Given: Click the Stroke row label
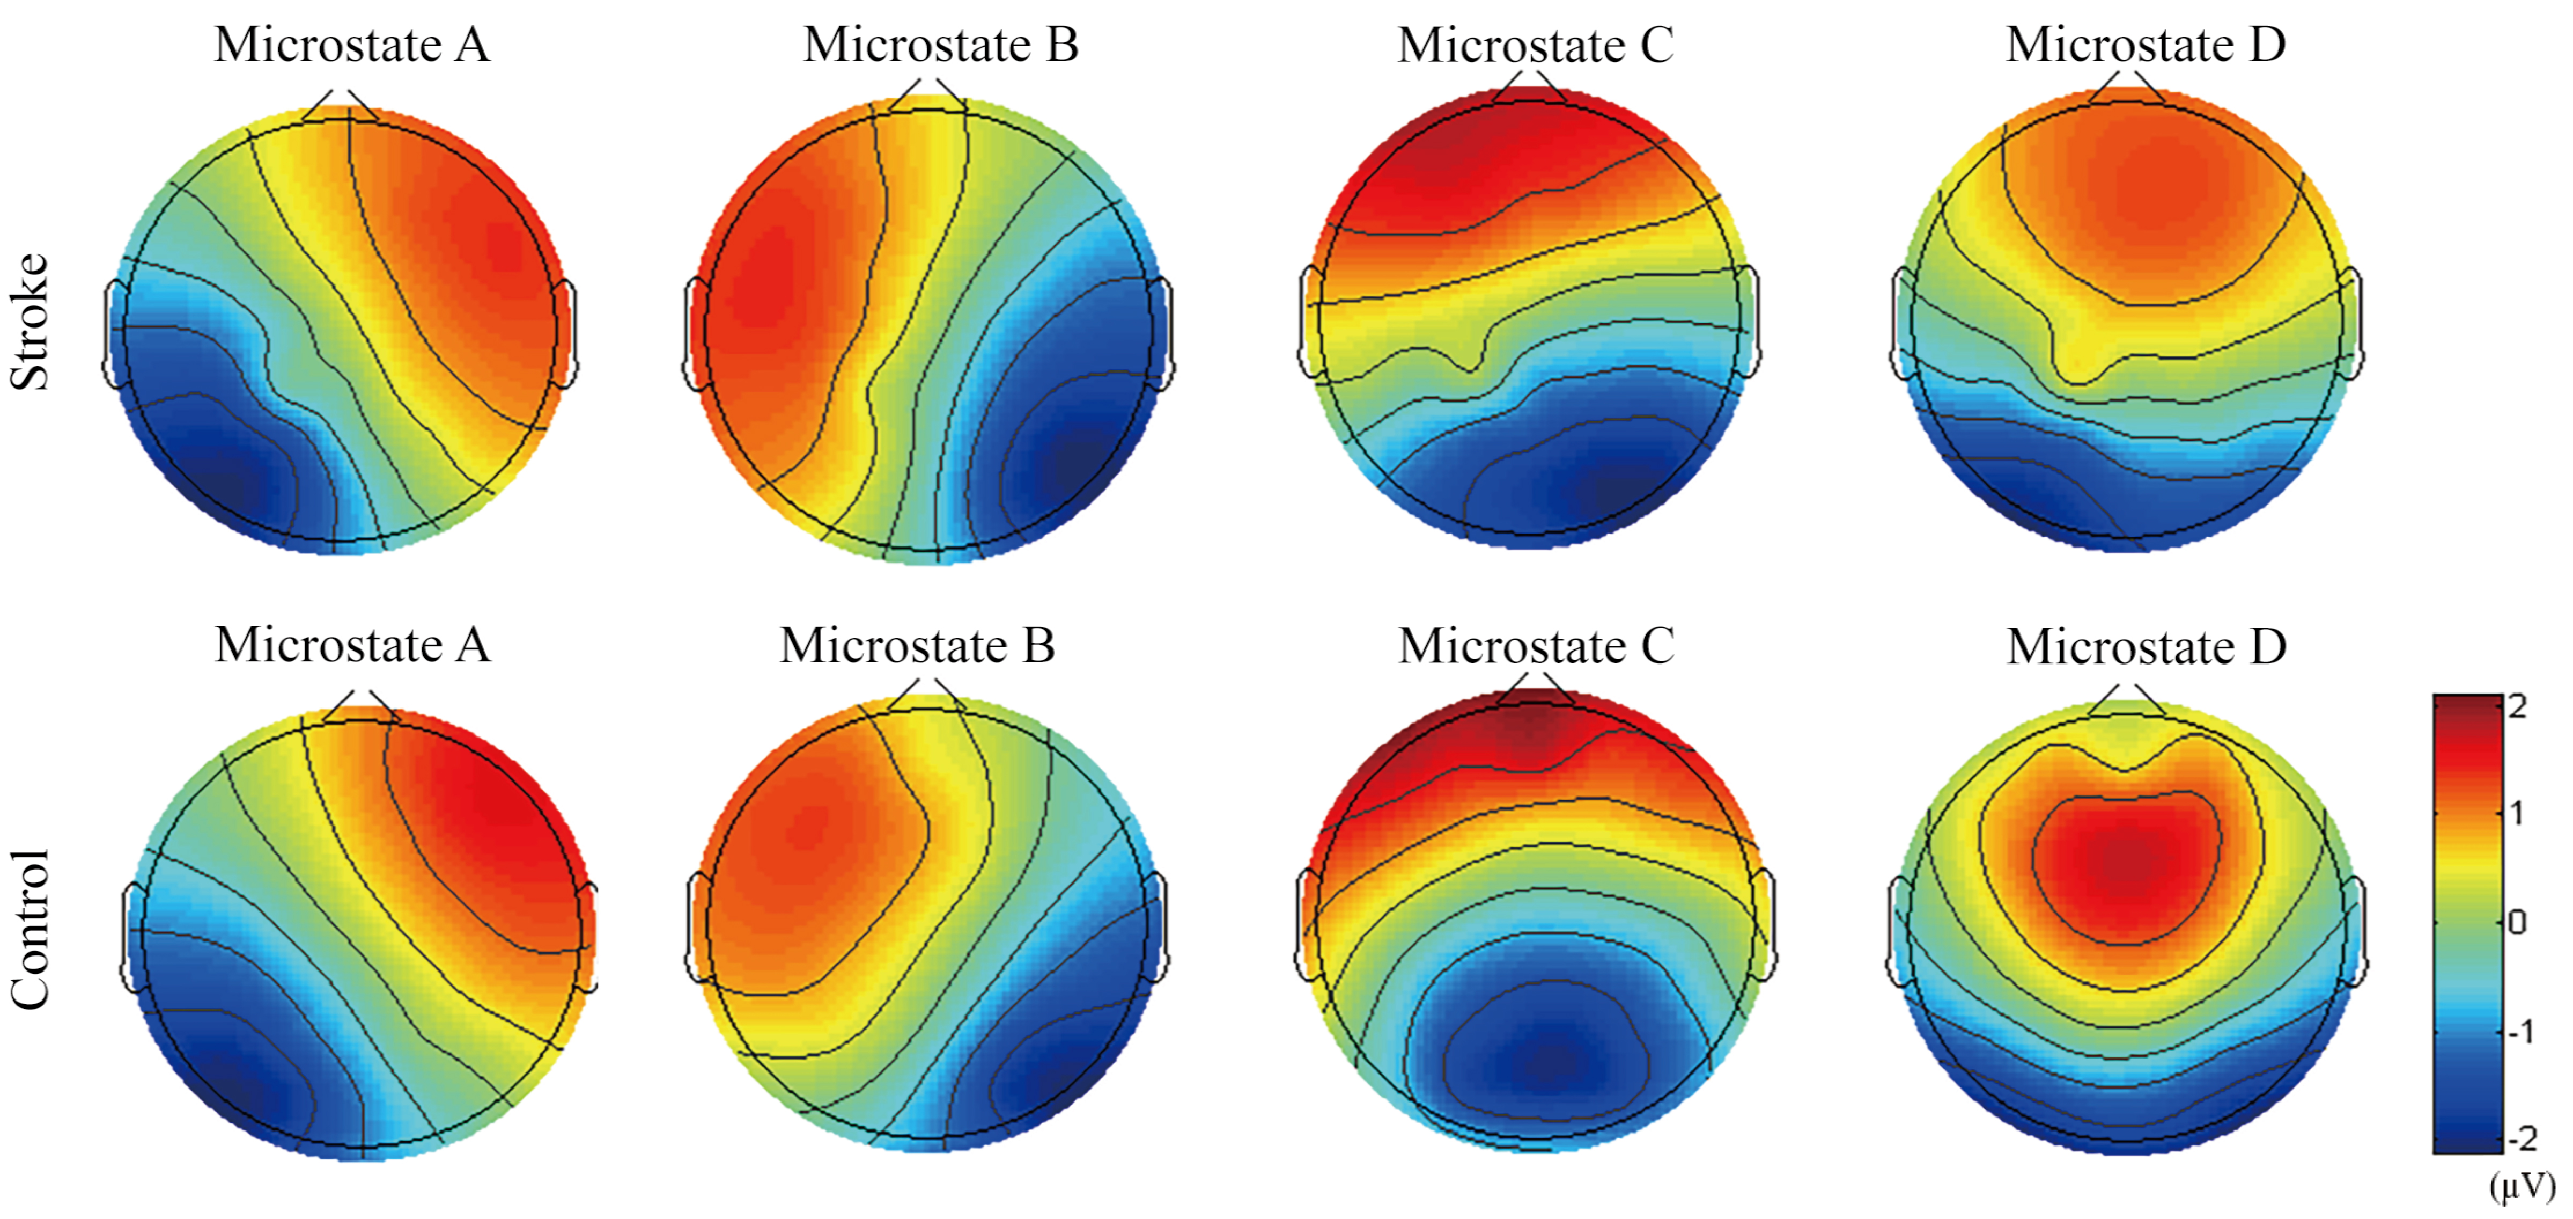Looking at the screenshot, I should [30, 322].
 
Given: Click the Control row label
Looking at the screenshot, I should [30, 929].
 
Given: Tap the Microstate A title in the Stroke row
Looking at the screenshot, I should [351, 45].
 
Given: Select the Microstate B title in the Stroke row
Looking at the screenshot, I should [941, 45].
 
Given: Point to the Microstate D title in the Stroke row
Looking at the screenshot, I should [2146, 45].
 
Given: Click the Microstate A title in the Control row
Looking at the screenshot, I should [351, 646].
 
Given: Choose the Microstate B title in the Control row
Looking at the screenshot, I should [917, 646].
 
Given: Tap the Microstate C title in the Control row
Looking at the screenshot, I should [1535, 646].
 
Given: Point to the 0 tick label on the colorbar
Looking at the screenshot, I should [2517, 921].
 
